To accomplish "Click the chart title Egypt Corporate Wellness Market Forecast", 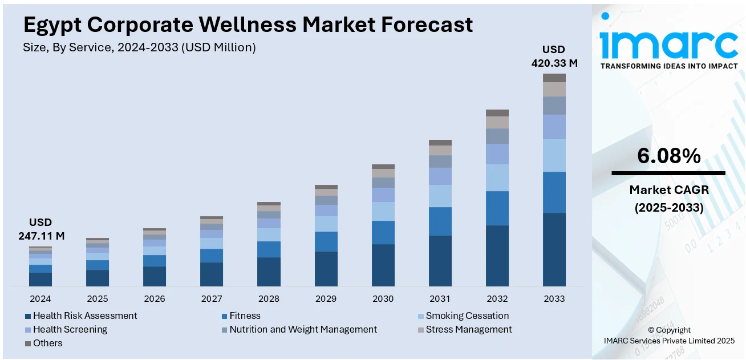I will point(248,25).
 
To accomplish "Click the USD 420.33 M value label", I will point(554,56).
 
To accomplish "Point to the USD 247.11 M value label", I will point(40,229).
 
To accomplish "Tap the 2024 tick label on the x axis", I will point(40,298).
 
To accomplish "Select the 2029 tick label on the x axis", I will point(326,298).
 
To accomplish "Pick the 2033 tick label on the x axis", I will point(554,298).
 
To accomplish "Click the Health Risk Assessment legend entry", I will point(84,315).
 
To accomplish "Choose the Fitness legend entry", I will point(245,315).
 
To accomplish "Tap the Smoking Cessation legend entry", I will point(467,315).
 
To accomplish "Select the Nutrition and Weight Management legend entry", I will point(303,329).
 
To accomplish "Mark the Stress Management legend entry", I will point(468,329).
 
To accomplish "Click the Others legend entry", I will point(47,343).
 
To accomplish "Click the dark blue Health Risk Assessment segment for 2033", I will point(554,249).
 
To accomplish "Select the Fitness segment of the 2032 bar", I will point(497,208).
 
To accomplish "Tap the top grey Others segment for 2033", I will point(554,78).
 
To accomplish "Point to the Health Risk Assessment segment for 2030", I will point(383,265).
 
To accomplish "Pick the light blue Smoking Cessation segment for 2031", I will point(440,196).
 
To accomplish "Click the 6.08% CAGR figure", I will point(668,156).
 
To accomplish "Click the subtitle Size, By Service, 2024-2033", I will point(139,48).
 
